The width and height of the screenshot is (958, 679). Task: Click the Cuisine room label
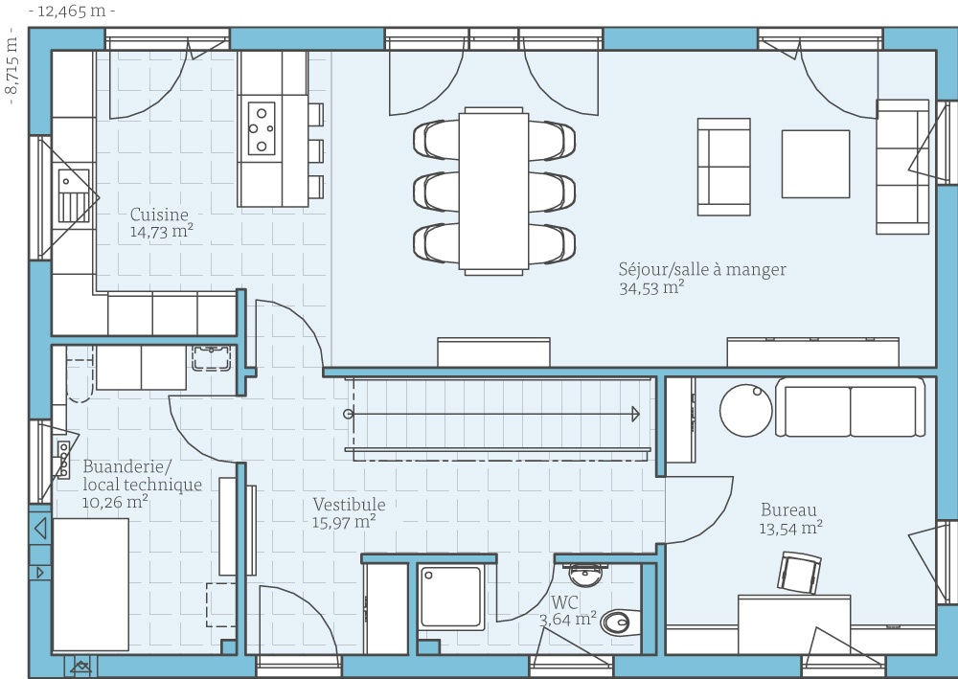tap(159, 215)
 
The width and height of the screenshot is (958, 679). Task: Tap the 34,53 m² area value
tap(651, 288)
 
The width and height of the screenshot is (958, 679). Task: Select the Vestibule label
tap(349, 505)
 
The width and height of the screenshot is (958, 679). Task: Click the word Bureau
tap(788, 509)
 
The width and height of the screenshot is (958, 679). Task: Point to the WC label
tap(564, 603)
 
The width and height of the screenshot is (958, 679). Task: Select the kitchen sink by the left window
tap(74, 196)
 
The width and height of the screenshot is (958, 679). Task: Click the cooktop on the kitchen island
tap(261, 128)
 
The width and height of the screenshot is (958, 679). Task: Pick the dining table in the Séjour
tap(493, 191)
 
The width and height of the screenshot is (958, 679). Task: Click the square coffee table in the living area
tap(815, 164)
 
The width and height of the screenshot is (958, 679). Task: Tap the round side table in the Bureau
tap(746, 410)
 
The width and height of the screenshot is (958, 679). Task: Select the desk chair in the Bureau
tap(799, 573)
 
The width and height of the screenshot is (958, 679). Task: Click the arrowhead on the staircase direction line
tap(635, 415)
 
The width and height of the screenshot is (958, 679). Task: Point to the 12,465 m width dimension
tap(72, 11)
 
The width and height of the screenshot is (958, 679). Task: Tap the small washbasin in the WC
tap(585, 574)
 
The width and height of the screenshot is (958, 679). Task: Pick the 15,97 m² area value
tap(344, 523)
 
